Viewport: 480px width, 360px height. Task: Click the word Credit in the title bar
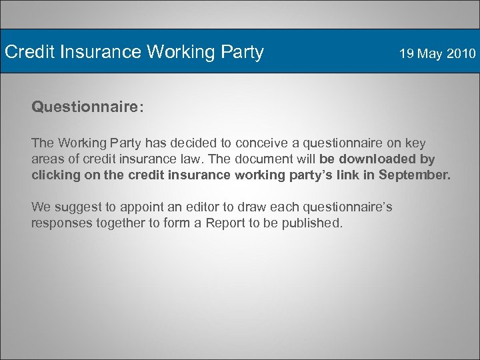pos(27,52)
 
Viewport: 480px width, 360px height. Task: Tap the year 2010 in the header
pos(461,53)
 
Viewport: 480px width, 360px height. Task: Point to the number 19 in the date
pos(407,53)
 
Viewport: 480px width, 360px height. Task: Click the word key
pos(414,143)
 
